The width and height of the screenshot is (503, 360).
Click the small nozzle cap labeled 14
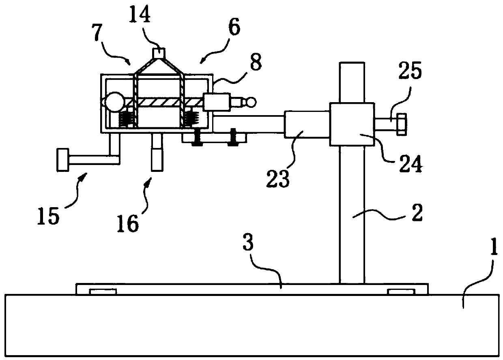159,53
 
